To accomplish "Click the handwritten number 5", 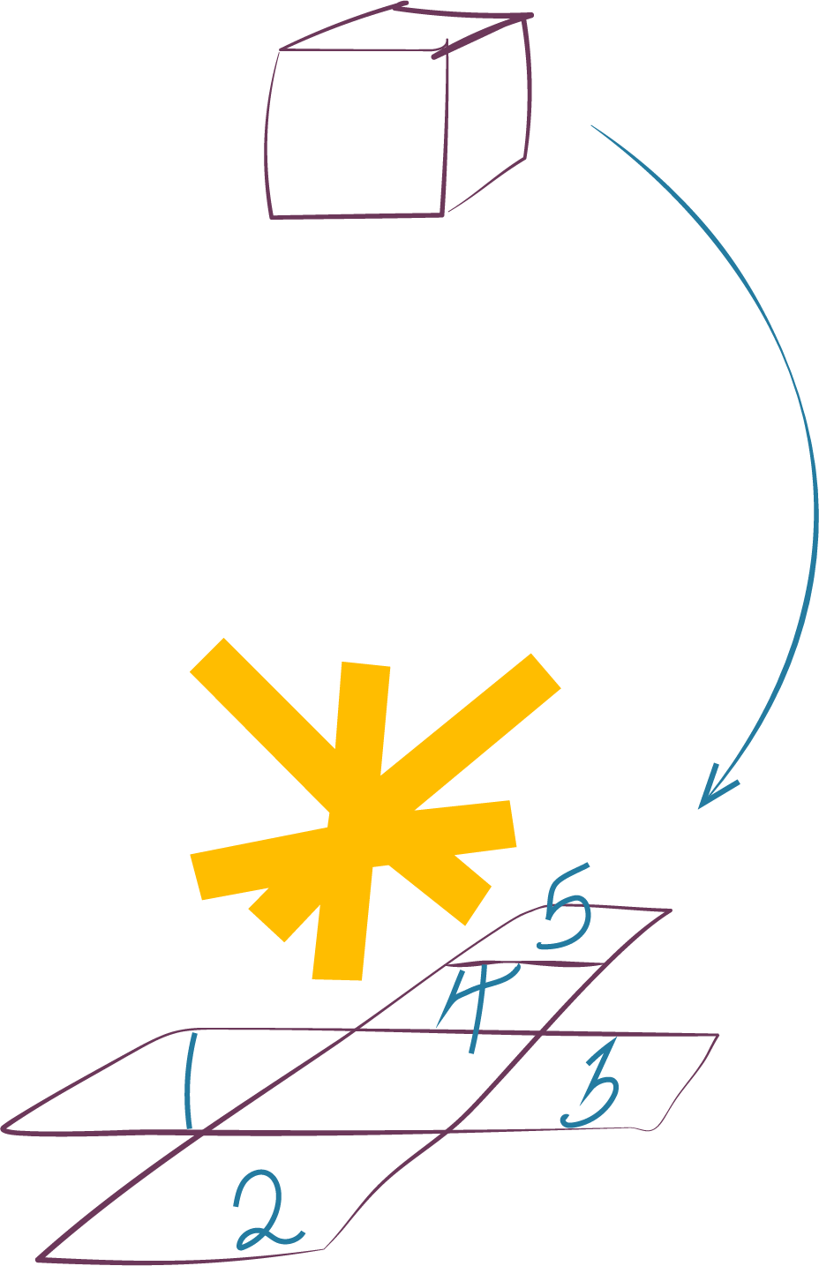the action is coord(565,913).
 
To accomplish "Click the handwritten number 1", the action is coord(188,1081).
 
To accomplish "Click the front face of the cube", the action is coord(357,132).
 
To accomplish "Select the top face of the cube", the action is coord(402,31).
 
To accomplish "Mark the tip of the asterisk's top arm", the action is coord(364,664).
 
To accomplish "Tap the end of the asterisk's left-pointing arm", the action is coord(197,877).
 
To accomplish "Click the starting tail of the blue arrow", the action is coord(591,126).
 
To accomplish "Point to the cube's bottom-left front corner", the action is coord(272,216).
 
